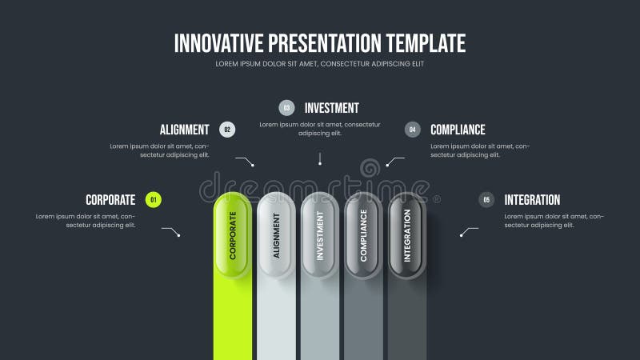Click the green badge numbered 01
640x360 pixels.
coord(154,200)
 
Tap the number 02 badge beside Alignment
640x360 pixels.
coord(227,130)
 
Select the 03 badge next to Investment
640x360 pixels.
coord(286,108)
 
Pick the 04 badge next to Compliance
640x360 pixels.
coord(413,130)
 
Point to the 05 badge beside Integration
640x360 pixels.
coord(486,200)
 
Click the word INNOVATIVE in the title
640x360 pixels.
coord(218,42)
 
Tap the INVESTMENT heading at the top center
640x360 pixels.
coord(332,108)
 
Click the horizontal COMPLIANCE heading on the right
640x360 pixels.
coord(458,130)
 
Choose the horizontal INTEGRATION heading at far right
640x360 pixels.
coord(532,200)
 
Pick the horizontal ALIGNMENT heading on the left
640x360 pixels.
coord(184,130)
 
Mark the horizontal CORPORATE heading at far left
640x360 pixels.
coord(110,200)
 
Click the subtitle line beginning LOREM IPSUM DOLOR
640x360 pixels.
coord(320,63)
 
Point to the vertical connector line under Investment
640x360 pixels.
coord(320,158)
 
